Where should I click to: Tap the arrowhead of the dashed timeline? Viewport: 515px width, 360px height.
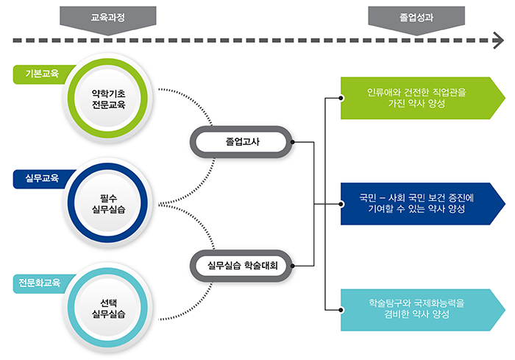[499, 40]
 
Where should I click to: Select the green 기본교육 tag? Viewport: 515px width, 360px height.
[42, 74]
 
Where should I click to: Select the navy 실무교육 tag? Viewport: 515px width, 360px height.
[42, 179]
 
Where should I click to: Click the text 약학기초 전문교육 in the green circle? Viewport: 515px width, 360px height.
[108, 99]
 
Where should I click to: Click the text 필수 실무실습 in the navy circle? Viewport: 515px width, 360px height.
[108, 204]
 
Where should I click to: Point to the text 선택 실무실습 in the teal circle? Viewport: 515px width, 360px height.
[108, 308]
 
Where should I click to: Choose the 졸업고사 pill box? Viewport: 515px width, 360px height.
[241, 142]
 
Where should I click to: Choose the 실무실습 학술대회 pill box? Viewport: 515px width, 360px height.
[241, 266]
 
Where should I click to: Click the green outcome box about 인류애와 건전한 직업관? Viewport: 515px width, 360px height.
[423, 98]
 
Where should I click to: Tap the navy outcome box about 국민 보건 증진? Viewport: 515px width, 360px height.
[423, 204]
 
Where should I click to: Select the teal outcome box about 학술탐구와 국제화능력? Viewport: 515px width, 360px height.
[423, 310]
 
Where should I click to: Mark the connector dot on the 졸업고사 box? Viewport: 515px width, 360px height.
[292, 142]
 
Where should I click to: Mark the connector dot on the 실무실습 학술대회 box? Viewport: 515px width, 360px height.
[292, 266]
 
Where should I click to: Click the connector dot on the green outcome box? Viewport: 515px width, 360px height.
[341, 98]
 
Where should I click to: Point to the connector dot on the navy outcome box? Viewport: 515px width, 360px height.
[341, 204]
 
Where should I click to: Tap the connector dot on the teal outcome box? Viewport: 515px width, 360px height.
[341, 310]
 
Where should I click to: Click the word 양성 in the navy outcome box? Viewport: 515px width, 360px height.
[456, 209]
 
